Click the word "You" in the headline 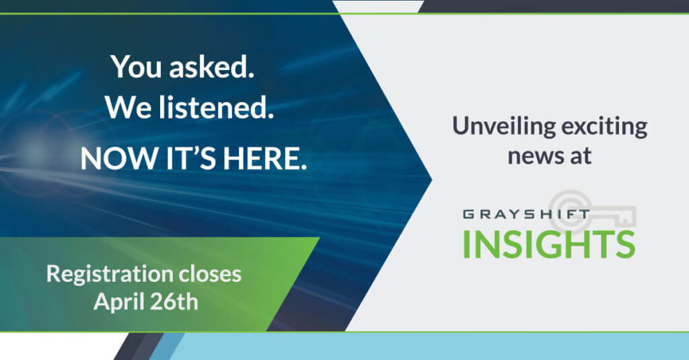136,67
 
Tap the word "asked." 212,67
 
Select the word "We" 129,108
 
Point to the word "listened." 216,108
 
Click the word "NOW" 118,158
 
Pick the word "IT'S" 190,158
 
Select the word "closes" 205,274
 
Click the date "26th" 174,302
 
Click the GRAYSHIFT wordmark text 526,215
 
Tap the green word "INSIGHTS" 549,244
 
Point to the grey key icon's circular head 571,211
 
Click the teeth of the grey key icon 626,218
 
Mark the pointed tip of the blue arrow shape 432,179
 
